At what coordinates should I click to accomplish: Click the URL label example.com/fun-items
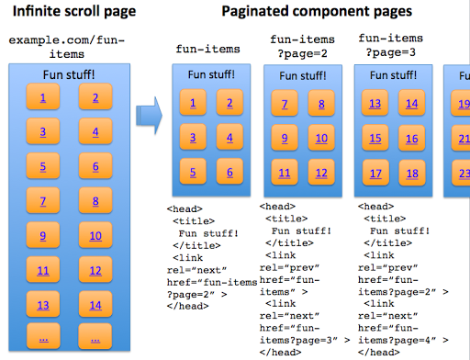click(x=66, y=48)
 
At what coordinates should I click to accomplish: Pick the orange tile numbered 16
click(x=412, y=140)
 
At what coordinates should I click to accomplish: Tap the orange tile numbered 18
click(x=412, y=173)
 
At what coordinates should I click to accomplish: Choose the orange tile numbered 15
click(x=375, y=140)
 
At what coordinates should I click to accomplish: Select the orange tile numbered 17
click(x=375, y=173)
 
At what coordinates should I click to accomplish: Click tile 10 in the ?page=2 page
click(x=321, y=140)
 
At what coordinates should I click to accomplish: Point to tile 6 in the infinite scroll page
click(x=95, y=166)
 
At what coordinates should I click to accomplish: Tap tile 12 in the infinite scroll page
click(x=95, y=270)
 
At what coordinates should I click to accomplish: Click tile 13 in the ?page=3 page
click(x=375, y=104)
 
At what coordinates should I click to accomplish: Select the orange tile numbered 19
click(x=461, y=104)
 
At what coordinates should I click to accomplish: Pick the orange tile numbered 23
click(x=461, y=173)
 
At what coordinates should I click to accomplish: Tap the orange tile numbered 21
click(x=461, y=140)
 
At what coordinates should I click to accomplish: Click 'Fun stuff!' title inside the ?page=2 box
click(x=303, y=76)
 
